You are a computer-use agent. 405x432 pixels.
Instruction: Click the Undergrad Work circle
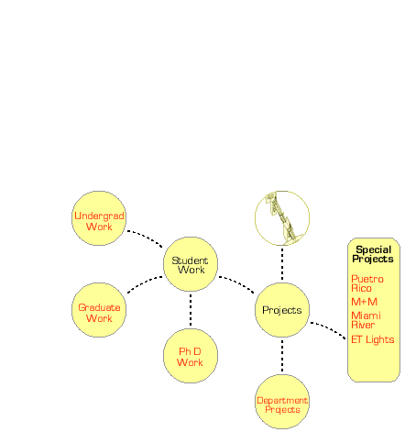(x=99, y=218)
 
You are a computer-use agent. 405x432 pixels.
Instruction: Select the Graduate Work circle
(x=99, y=310)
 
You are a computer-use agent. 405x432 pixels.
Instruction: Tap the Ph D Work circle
(x=191, y=356)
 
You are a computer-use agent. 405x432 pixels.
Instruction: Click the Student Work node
(x=191, y=264)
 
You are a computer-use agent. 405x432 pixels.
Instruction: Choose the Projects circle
(x=282, y=310)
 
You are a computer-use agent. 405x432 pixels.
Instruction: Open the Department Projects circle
(x=282, y=402)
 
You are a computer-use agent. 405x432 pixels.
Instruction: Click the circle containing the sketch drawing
(x=282, y=218)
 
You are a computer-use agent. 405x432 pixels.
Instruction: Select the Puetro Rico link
(x=367, y=283)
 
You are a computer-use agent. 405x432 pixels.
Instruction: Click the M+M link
(x=365, y=302)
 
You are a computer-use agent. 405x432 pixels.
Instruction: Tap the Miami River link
(x=366, y=320)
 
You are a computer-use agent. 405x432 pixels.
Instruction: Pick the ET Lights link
(x=373, y=339)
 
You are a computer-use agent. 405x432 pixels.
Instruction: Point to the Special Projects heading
(x=373, y=254)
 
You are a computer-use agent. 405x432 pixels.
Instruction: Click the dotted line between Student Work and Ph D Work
(x=191, y=310)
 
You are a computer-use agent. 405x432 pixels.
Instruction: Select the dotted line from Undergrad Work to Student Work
(x=146, y=237)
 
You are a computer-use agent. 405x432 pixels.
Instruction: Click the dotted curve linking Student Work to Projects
(x=237, y=283)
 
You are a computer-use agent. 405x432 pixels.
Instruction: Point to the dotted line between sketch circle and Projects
(x=282, y=264)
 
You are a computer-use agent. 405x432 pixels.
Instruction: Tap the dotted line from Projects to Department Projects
(x=282, y=356)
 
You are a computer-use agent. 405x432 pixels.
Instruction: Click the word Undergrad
(x=99, y=216)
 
